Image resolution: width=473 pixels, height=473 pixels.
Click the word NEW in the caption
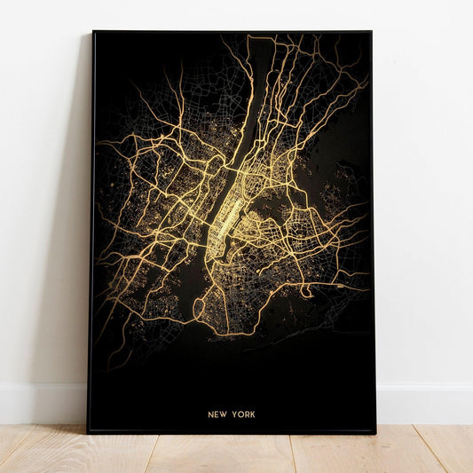[x=217, y=414]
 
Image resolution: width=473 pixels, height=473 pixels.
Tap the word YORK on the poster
[x=243, y=414]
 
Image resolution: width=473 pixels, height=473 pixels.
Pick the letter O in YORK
[x=240, y=414]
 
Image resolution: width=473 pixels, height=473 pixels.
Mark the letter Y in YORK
[x=233, y=414]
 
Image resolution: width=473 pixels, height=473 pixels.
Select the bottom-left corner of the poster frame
[x=89, y=431]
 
